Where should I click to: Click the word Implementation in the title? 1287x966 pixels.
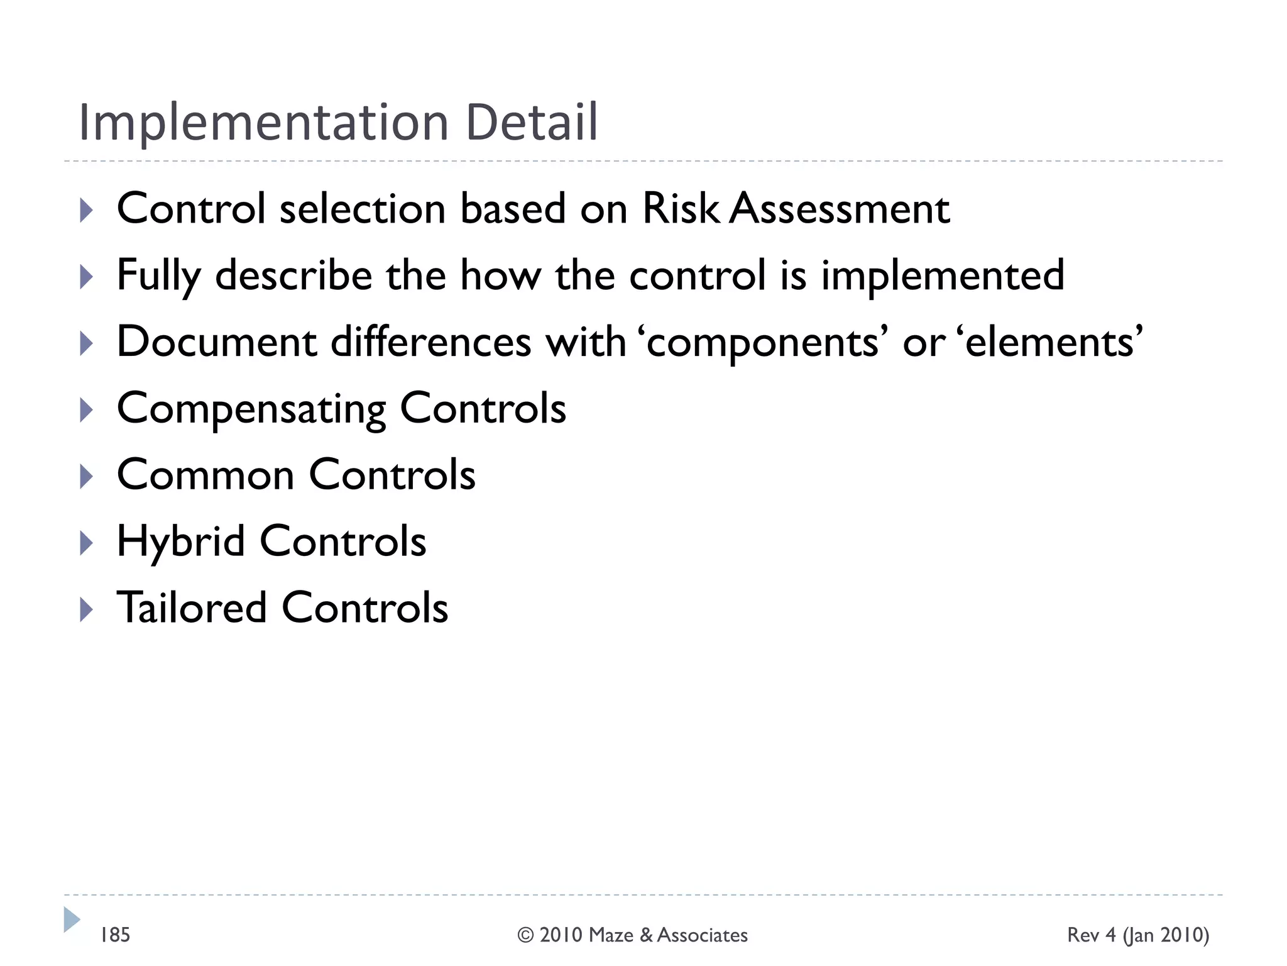pos(263,123)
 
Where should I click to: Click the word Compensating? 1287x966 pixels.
pos(251,410)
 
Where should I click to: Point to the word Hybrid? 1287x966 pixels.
pos(181,542)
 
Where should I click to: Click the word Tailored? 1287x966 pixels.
pos(192,608)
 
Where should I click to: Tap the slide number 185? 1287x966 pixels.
pos(115,935)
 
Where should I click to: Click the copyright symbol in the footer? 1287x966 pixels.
pos(525,935)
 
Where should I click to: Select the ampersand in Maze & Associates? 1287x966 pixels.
pos(647,935)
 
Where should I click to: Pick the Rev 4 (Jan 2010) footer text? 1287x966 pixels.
pos(1138,935)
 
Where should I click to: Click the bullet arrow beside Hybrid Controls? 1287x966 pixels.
pos(87,543)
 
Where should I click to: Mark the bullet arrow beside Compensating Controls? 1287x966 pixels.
pos(87,410)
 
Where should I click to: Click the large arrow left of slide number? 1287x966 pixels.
pos(72,920)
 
